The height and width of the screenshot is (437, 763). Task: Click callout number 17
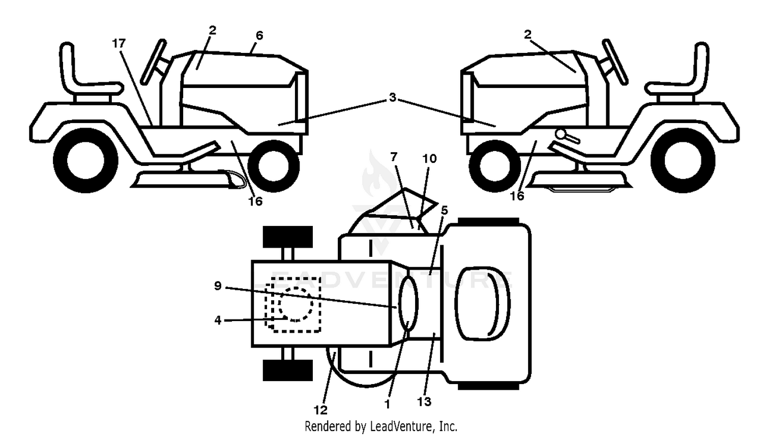[119, 43]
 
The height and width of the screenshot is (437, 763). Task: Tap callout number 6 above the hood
[259, 36]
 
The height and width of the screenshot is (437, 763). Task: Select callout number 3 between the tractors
[393, 97]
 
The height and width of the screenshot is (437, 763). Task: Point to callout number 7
[394, 157]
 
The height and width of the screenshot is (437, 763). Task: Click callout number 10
[429, 159]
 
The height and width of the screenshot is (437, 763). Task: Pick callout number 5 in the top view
[444, 211]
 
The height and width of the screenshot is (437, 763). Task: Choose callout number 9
[218, 286]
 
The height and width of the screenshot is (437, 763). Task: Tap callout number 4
[218, 320]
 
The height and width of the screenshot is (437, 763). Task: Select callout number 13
[424, 402]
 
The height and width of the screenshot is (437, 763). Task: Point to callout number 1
[387, 404]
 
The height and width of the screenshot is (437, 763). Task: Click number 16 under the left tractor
[255, 201]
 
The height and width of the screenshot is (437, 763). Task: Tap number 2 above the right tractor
[527, 35]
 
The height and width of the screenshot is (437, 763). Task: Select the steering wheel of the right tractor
[615, 62]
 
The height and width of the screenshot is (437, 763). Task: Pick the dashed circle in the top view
[296, 304]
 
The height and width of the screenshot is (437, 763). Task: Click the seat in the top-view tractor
[482, 304]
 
